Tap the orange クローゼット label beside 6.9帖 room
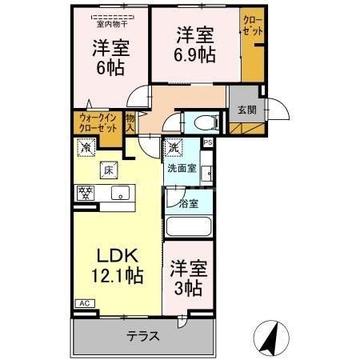click(x=250, y=25)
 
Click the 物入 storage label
click(x=130, y=122)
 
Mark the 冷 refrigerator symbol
click(x=85, y=147)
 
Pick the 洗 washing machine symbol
click(x=174, y=147)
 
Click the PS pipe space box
click(x=207, y=142)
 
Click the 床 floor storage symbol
click(x=107, y=169)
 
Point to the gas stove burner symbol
click(x=84, y=193)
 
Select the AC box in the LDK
click(x=83, y=303)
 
